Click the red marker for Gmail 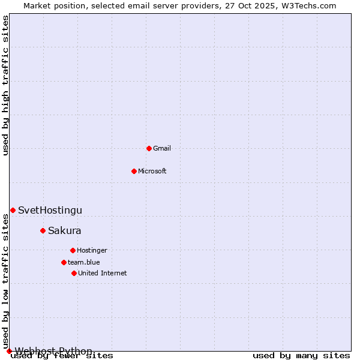149,148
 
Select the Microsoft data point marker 134,171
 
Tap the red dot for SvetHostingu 13,210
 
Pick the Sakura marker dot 43,230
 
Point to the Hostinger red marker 73,250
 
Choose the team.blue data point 64,262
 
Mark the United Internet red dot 74,273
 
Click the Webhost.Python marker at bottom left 9,351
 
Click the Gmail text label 162,148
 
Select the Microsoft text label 152,171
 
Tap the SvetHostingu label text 50,210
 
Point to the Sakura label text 65,230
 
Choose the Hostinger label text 92,250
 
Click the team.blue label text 84,262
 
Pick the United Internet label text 103,273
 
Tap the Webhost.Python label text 53,351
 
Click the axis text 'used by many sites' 301,356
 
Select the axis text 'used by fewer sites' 62,356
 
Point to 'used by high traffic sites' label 6,85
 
